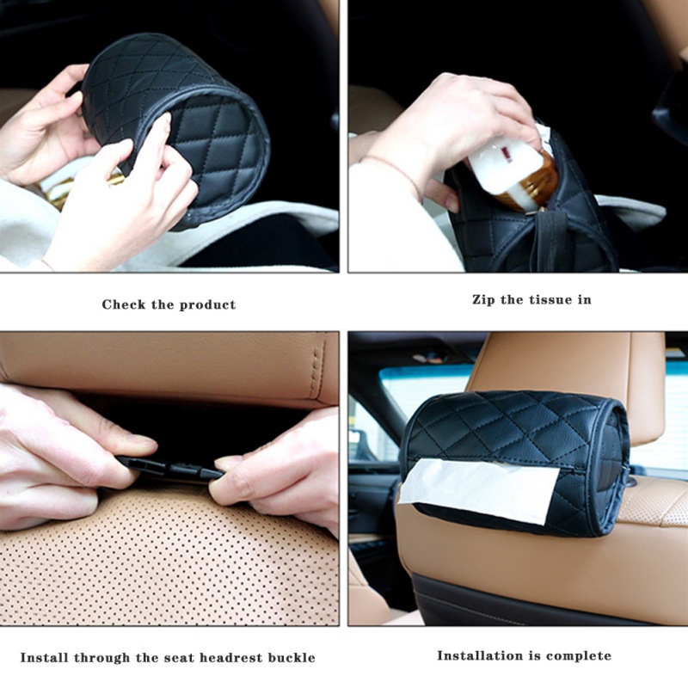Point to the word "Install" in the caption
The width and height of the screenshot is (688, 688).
tap(45, 658)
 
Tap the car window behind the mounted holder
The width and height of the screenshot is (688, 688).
tap(421, 390)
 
